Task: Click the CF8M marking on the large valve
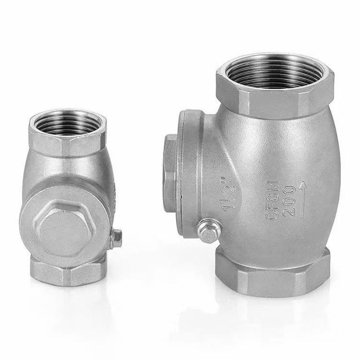click(x=273, y=201)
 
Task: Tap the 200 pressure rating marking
click(x=288, y=201)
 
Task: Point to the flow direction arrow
click(x=303, y=199)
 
